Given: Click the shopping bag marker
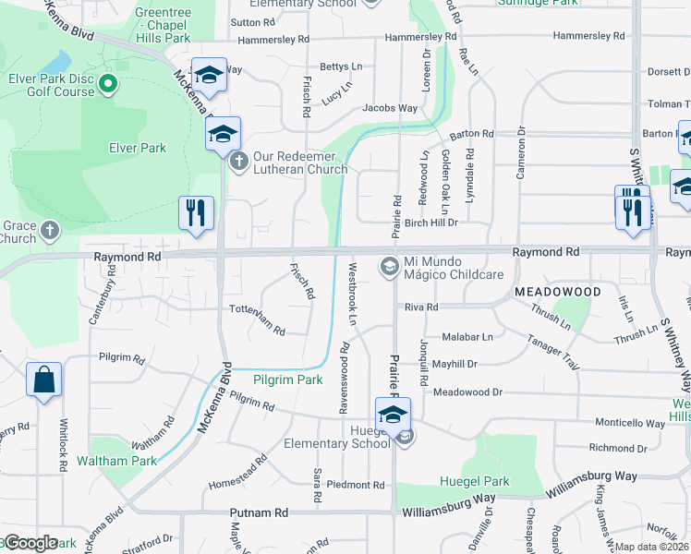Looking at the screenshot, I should click(x=43, y=380).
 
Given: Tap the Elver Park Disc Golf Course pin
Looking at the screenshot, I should click(x=108, y=86).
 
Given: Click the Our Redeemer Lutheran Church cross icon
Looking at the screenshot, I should click(x=238, y=162).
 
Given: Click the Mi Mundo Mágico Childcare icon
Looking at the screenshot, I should click(x=389, y=268).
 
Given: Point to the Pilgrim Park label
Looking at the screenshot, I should click(x=288, y=379).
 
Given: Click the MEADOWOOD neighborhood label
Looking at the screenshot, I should click(x=557, y=291).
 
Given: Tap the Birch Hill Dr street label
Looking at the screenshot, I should click(x=430, y=223).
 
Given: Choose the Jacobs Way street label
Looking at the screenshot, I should click(x=389, y=108).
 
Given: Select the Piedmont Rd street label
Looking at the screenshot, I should click(x=355, y=485).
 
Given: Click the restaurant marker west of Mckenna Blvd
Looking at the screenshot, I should click(x=196, y=213).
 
